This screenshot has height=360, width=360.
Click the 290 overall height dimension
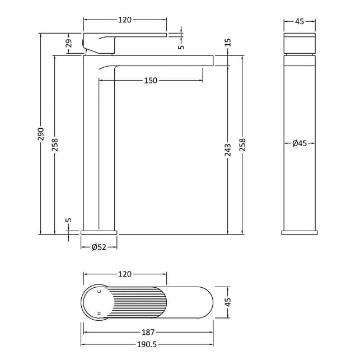coord(41,134)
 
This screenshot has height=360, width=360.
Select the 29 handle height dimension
coord(69,43)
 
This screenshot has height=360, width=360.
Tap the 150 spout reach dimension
coord(151,81)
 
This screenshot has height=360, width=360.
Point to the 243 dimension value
coord(228,150)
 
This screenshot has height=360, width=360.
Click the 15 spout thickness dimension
coord(228,43)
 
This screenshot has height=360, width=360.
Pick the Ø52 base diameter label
coord(99,247)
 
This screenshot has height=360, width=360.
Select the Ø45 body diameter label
coord(300,143)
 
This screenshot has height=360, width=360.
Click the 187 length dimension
coord(148,332)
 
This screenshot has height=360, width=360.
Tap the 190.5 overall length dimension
coord(147,345)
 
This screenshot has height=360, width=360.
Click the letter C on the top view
coord(99,292)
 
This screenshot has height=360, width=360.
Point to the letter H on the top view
coord(99,313)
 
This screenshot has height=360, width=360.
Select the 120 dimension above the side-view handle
coord(125,20)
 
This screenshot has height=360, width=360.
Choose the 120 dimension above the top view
coord(125,274)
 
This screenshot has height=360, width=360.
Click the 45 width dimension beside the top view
coord(228,302)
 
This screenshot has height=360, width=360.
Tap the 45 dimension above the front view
coord(300,22)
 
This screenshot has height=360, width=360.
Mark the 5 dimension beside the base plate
coord(69,220)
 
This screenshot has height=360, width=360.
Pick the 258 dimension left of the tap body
coord(55,144)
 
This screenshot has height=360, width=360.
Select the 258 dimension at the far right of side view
coord(242,144)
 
